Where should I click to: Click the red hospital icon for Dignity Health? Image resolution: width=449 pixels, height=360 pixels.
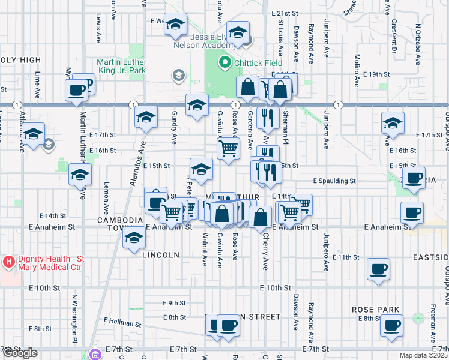coord(8,262)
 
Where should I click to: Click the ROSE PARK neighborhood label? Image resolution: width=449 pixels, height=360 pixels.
coord(376,310)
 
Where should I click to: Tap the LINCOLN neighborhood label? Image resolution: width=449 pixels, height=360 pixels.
coord(161,255)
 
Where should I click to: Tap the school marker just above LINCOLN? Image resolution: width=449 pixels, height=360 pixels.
coord(134,239)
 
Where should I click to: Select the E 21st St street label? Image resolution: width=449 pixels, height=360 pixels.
coord(285,13)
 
